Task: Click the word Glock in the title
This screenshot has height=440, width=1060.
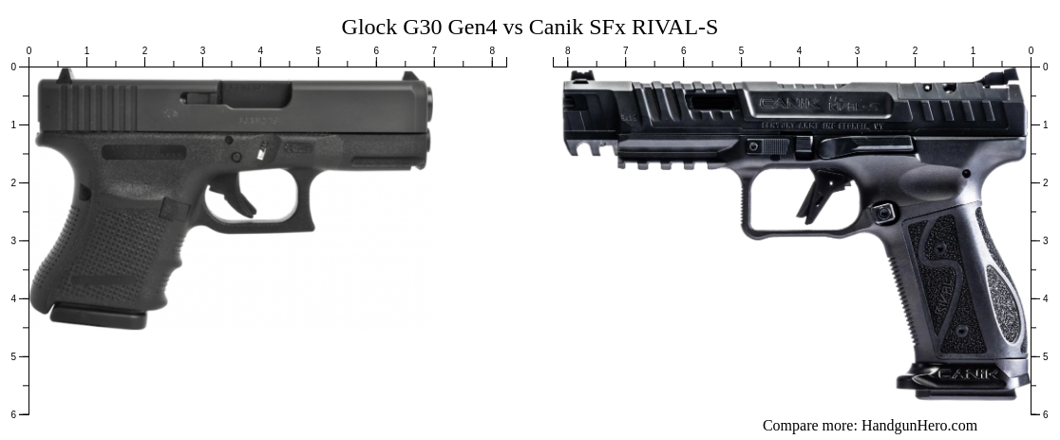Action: pos(369,28)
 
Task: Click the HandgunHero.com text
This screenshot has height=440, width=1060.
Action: pos(918,426)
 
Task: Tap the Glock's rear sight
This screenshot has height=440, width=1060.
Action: pos(64,74)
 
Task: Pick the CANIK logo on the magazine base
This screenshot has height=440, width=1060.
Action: pos(967,374)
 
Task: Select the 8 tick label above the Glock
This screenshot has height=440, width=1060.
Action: pos(492,51)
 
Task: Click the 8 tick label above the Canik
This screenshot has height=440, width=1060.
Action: pos(568,51)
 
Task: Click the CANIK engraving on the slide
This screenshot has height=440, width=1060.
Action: pos(782,103)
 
